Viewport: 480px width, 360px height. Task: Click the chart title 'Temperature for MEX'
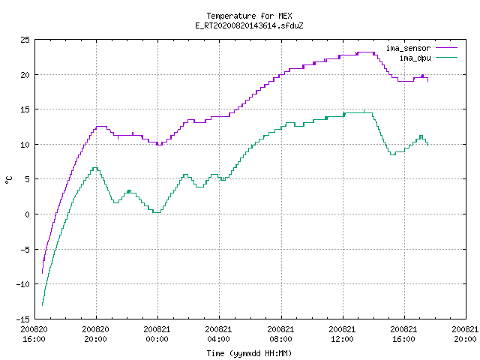[249, 16]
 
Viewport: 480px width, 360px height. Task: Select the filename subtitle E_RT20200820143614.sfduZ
[249, 25]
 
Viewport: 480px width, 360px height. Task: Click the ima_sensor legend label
[408, 48]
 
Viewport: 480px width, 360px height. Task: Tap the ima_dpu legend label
[415, 58]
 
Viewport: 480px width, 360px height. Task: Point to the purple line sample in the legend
[447, 48]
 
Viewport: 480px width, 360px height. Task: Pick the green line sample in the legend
[447, 57]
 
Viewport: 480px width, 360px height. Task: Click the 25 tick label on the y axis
[25, 40]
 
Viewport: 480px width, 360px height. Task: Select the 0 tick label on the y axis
[28, 214]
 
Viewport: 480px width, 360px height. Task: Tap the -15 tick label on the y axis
[23, 319]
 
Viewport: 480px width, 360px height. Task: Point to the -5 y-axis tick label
[25, 250]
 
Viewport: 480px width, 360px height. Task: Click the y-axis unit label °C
[8, 180]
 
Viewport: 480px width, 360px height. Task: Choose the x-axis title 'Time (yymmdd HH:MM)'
[249, 353]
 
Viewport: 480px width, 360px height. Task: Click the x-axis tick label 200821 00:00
[157, 334]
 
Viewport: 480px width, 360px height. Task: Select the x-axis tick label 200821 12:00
[342, 334]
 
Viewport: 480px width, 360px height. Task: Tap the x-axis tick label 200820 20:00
[95, 334]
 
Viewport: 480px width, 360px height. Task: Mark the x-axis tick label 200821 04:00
[218, 334]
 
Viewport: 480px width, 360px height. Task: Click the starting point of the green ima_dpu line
[42, 305]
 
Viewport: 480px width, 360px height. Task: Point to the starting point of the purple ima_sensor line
[42, 273]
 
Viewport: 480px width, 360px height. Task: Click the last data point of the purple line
[427, 81]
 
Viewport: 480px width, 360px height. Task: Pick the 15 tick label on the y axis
[25, 109]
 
